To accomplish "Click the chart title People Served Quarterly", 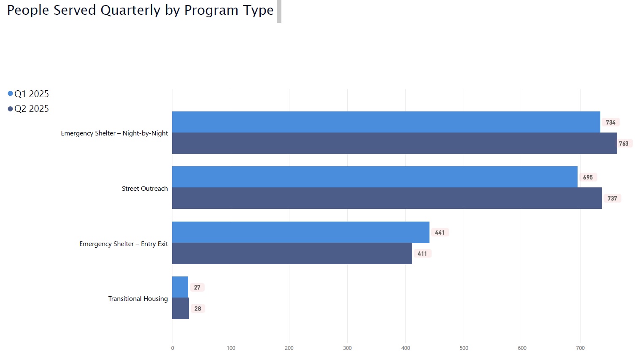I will pos(140,10).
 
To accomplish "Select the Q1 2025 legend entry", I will pos(28,94).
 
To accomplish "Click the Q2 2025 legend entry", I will pos(28,108).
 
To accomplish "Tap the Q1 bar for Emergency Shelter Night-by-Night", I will pos(386,122).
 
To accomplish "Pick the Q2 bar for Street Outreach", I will pos(386,198).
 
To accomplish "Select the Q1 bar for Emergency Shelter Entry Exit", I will pos(300,232).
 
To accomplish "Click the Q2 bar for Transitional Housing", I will pos(181,308).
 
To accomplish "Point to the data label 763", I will pos(624,143).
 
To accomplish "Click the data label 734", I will pos(610,122).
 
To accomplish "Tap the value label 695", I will pos(588,177).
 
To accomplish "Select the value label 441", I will pos(440,233).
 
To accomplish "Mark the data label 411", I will pos(422,254).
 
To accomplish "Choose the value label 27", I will pos(197,287).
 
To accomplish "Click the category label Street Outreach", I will pos(145,189).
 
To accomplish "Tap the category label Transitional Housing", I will pos(138,298).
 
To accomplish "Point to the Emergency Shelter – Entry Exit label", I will pos(124,244).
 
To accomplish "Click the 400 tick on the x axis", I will pos(405,348).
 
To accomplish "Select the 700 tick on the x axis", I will pos(580,348).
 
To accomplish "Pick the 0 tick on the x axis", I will pos(173,348).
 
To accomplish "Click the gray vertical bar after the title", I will pos(279,11).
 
